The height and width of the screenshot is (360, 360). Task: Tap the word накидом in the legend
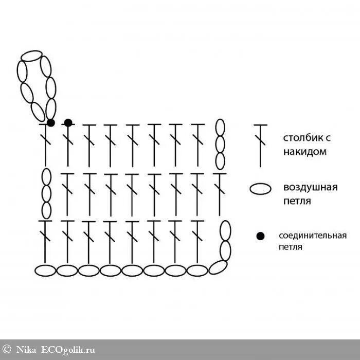[304, 152]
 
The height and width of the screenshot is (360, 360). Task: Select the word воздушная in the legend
[310, 187]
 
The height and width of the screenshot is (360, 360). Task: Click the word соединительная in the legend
[312, 236]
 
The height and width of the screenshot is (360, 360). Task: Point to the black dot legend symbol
[260, 236]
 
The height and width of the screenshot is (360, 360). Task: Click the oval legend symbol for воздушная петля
[260, 189]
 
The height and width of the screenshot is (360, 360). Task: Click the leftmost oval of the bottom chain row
[45, 270]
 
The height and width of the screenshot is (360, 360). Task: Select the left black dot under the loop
[50, 122]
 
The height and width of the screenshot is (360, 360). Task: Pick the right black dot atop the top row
[68, 122]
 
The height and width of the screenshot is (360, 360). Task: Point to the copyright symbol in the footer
[7, 349]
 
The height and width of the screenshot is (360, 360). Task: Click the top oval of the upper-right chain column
[220, 128]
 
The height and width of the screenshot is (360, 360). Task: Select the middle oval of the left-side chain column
[46, 193]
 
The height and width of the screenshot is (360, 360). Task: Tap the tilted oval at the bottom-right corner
[219, 267]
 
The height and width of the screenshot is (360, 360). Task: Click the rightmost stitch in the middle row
[220, 194]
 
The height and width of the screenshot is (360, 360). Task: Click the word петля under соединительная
[291, 247]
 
